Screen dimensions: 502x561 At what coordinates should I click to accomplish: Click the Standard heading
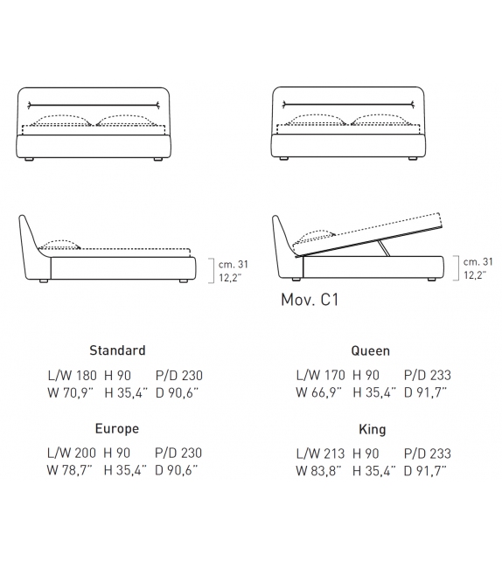(117, 350)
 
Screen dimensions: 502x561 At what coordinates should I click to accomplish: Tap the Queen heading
(370, 351)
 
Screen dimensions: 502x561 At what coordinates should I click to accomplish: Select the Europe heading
(117, 429)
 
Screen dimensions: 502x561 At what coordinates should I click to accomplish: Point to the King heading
(373, 429)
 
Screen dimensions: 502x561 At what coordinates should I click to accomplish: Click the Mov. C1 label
(310, 300)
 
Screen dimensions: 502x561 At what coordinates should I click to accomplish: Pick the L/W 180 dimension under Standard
(73, 376)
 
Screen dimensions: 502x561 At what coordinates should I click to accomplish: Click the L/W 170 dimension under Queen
(320, 375)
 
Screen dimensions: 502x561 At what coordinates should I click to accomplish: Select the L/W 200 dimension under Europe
(72, 453)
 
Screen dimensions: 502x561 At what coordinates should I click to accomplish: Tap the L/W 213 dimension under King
(320, 454)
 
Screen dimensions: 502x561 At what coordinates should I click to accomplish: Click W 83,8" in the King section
(318, 471)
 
